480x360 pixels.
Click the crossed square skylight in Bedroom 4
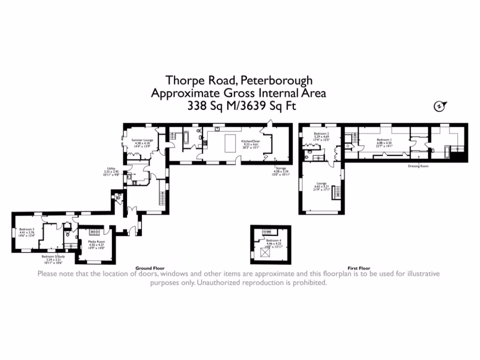coord(266,253)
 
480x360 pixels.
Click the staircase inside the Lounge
coord(336,192)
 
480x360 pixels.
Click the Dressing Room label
coord(418,166)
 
